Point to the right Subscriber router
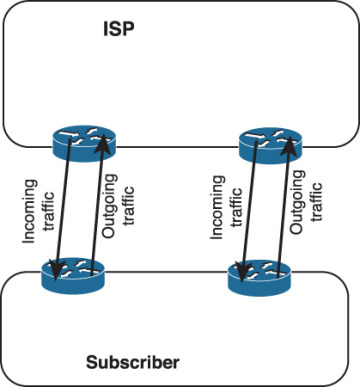point(257,275)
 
